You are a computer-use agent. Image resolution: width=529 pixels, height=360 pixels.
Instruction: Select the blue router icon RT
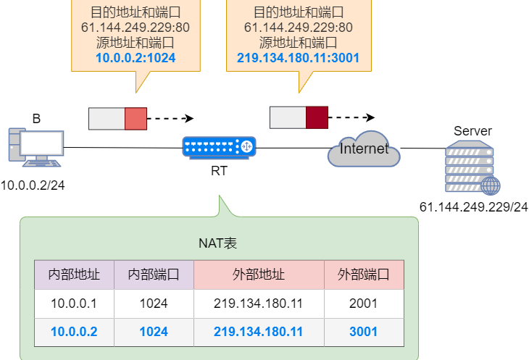(x=219, y=147)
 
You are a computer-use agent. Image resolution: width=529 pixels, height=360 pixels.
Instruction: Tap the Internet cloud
(x=365, y=150)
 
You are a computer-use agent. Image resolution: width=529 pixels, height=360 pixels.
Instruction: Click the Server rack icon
(x=470, y=167)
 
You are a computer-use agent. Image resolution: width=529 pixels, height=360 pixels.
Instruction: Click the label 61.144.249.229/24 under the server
(x=474, y=207)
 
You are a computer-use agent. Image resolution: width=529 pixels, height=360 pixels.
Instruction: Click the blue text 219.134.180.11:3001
(x=299, y=59)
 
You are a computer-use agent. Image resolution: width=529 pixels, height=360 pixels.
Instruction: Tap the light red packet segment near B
(x=136, y=119)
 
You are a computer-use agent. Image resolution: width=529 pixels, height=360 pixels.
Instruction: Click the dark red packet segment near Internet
(x=317, y=117)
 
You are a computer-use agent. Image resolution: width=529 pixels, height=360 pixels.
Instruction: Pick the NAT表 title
(x=219, y=243)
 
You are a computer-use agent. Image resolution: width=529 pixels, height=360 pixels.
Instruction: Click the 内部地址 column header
(x=74, y=275)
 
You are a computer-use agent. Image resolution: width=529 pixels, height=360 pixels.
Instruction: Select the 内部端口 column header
(x=154, y=275)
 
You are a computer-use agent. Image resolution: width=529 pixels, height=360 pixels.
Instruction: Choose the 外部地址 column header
(x=259, y=275)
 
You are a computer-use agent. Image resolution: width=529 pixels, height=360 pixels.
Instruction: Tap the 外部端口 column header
(x=364, y=275)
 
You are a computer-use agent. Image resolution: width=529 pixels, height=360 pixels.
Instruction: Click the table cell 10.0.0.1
(x=74, y=304)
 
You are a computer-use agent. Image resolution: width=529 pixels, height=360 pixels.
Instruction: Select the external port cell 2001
(x=364, y=304)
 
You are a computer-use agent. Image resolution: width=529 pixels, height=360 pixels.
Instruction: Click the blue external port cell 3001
(x=364, y=332)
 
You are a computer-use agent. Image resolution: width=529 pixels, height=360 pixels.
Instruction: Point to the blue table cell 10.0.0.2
(x=74, y=332)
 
